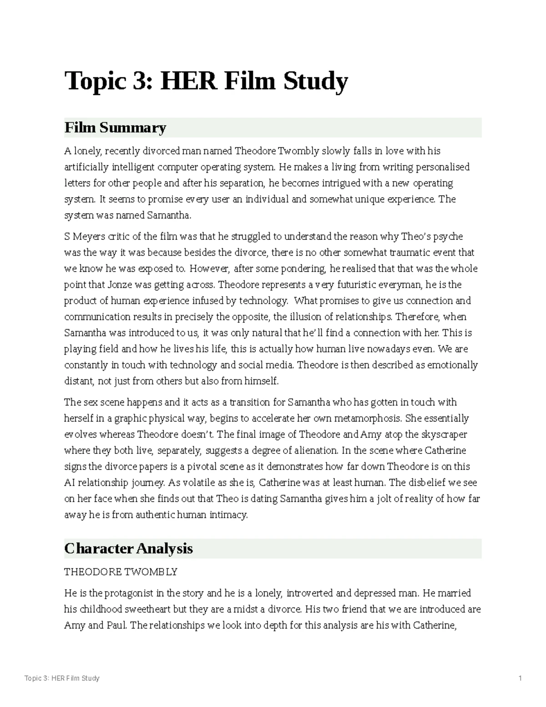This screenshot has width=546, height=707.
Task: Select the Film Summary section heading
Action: pyautogui.click(x=115, y=127)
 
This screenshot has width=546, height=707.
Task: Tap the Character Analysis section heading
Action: pyautogui.click(x=128, y=549)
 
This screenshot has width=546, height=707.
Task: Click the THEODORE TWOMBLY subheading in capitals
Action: pyautogui.click(x=121, y=572)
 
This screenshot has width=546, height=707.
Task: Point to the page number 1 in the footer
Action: pyautogui.click(x=520, y=678)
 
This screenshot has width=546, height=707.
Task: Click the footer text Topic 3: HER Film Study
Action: pyautogui.click(x=62, y=678)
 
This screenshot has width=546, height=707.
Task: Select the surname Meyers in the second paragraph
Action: pyautogui.click(x=88, y=237)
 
